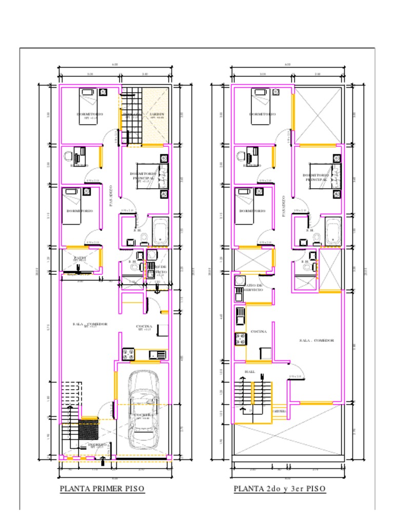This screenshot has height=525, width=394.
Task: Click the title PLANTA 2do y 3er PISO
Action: (280, 489)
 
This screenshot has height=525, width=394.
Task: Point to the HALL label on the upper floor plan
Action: (250, 372)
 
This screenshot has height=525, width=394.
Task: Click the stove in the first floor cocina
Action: (128, 353)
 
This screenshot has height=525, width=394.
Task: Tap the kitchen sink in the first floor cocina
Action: (157, 354)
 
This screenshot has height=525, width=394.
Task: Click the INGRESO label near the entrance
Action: (97, 445)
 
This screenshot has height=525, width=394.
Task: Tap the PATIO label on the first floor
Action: (80, 258)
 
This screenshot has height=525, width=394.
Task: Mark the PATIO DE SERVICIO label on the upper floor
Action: (252, 288)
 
